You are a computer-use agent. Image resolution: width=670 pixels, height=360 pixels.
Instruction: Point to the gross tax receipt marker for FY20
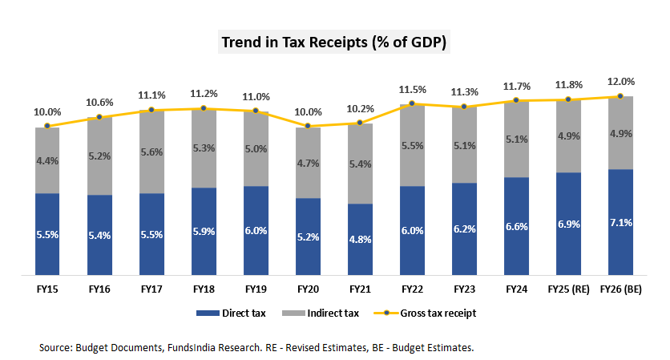tap(309, 125)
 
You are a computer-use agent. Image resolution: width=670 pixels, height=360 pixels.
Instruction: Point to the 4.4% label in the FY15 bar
tap(48, 161)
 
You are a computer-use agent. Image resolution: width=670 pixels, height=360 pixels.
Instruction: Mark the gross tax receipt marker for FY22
tap(412, 103)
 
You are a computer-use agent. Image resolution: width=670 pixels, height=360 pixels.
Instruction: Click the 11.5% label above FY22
tap(413, 89)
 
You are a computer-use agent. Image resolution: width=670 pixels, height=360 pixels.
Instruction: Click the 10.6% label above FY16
tap(100, 103)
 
